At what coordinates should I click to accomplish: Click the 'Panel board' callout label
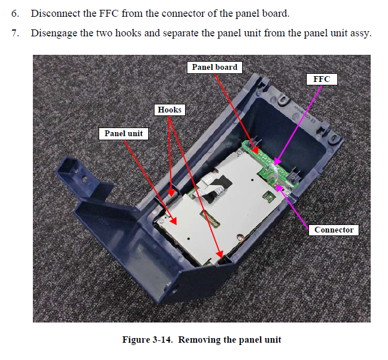[x=214, y=67]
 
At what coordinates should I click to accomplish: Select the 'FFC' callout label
[x=322, y=79]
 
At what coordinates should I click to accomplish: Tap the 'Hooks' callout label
[x=169, y=110]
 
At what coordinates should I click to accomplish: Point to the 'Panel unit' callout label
[x=123, y=133]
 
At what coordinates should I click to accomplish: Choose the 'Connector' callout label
[x=334, y=230]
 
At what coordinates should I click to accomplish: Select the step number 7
[x=15, y=32]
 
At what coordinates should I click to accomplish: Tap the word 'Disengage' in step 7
[x=54, y=32]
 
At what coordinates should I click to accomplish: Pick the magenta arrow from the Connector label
[x=297, y=206]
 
